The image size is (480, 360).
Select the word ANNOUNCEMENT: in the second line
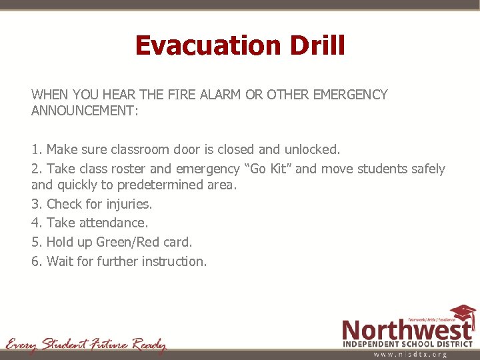[x=85, y=111]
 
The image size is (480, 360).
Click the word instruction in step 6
[x=173, y=261]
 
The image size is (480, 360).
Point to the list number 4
[x=35, y=223]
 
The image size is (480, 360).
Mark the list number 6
[x=35, y=261]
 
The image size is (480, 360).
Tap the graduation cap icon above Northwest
[x=463, y=313]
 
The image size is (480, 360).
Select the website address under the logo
[x=410, y=354]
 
